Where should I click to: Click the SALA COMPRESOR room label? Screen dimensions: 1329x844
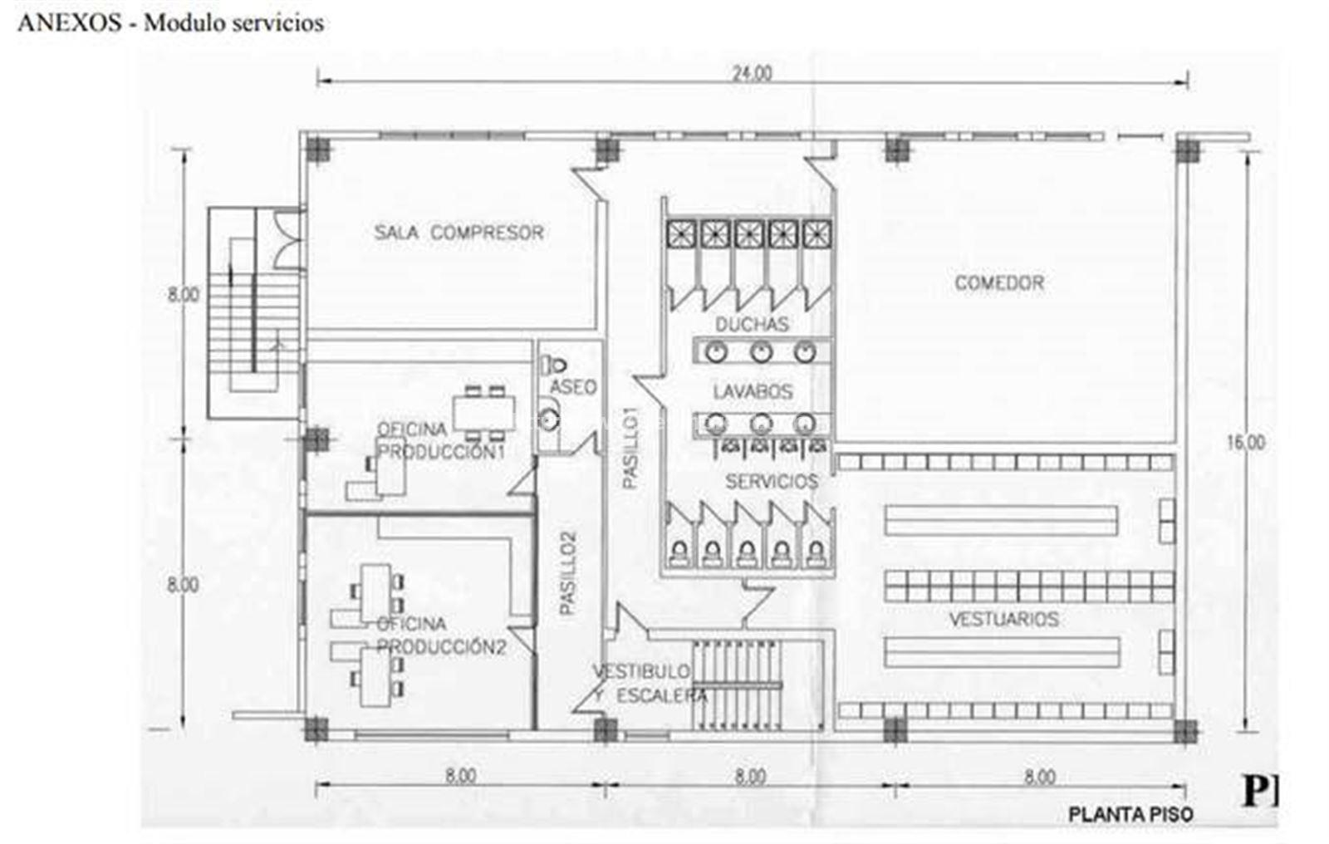459,232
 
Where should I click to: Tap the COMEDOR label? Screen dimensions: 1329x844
999,283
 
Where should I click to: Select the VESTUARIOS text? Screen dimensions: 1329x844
1004,620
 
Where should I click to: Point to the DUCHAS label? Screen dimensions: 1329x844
752,324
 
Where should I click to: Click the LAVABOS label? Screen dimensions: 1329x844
753,392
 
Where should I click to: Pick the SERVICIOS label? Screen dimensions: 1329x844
772,481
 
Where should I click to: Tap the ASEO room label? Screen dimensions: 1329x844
572,387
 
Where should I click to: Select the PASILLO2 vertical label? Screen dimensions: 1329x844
567,572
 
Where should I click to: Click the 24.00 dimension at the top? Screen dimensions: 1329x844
752,74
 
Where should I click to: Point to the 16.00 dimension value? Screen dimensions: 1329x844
1245,442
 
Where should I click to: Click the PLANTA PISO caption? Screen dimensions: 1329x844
1130,814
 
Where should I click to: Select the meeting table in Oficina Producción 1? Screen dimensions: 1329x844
483,413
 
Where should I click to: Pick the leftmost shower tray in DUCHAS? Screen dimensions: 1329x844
681,234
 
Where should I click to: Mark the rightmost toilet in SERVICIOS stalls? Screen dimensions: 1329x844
817,553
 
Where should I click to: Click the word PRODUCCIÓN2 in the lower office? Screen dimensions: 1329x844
441,646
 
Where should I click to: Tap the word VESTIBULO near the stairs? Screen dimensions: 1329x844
643,671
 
